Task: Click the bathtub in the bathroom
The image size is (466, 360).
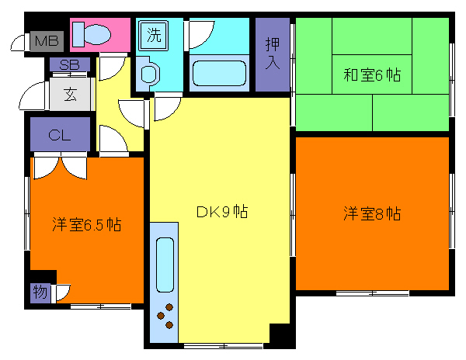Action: click(x=218, y=74)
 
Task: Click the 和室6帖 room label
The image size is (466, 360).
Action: click(x=372, y=75)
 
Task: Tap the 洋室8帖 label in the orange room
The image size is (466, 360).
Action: click(x=372, y=213)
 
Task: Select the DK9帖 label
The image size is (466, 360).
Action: click(x=221, y=211)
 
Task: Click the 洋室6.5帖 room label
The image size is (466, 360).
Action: click(x=86, y=225)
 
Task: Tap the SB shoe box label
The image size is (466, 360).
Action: click(x=69, y=64)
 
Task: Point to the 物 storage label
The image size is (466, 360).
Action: click(x=40, y=292)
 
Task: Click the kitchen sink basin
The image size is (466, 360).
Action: click(x=165, y=264)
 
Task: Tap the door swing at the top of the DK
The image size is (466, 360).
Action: click(x=165, y=107)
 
